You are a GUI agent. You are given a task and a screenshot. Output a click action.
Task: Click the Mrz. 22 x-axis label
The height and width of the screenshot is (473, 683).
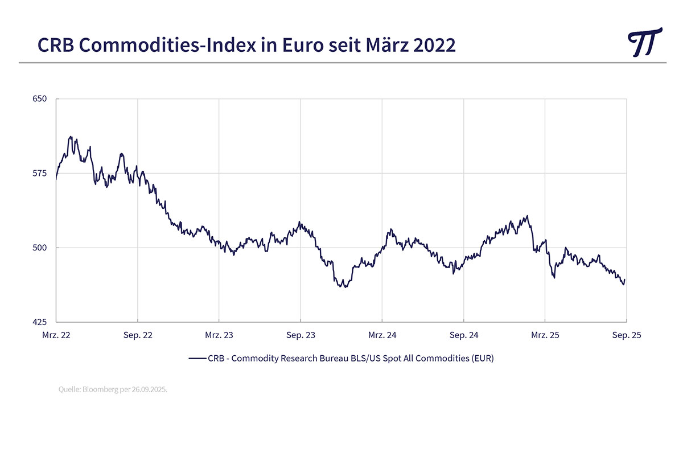coord(56,335)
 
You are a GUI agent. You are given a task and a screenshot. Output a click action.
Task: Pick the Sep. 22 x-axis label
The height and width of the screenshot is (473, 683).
coord(138,335)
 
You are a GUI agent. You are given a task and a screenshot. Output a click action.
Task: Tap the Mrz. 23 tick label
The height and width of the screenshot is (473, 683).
coord(219,335)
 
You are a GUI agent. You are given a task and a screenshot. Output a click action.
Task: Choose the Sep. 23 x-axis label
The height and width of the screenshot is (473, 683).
coord(301,335)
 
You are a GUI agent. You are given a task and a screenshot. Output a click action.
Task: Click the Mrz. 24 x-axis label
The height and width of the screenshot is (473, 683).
coord(382,335)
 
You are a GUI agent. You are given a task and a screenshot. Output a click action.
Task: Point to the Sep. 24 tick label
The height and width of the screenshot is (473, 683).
coord(464,335)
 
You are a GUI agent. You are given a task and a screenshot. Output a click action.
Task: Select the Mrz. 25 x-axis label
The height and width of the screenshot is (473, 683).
coord(545,335)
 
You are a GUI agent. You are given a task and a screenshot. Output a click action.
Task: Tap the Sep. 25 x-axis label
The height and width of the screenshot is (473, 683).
coord(627,335)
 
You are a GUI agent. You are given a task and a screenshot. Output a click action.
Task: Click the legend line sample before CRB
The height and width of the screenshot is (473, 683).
coord(197,359)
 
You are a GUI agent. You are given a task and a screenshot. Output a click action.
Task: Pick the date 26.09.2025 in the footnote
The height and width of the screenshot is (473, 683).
coord(150,390)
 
